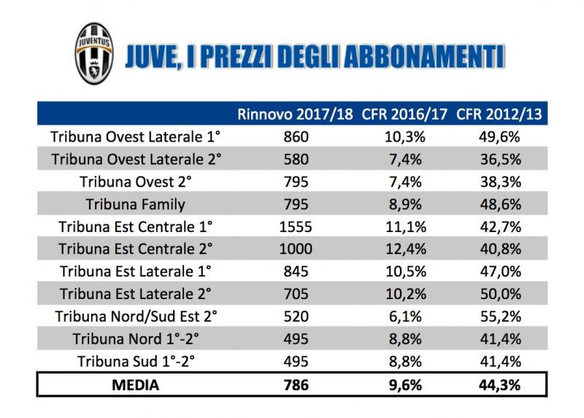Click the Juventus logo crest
[x=95, y=55]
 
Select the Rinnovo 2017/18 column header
[x=295, y=115]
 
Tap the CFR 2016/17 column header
[x=404, y=115]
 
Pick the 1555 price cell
[x=295, y=226]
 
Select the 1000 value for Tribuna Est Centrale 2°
[x=295, y=249]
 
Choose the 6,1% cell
[x=404, y=317]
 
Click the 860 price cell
[x=295, y=136]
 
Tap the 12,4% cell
[x=404, y=249]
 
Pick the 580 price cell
[x=295, y=159]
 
